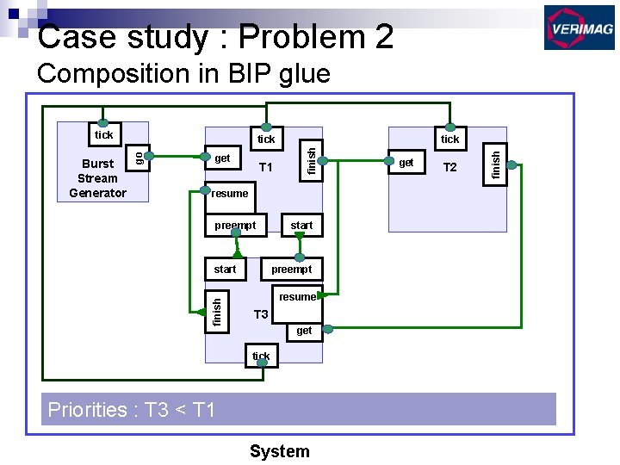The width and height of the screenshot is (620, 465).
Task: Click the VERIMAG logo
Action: pos(579,28)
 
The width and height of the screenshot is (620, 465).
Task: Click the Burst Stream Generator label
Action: pos(97,178)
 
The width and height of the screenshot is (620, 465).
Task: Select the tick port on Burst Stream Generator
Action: pos(103,134)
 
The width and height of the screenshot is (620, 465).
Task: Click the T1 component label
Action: pos(266,167)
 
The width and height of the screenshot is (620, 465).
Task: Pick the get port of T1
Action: pos(222,158)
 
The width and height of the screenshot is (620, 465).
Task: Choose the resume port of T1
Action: pos(229,193)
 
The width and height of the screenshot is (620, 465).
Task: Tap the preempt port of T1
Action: pos(235,225)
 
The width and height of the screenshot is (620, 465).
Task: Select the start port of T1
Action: pos(301,225)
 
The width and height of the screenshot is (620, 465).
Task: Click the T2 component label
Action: pos(449,167)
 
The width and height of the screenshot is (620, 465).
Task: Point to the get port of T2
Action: pos(406,162)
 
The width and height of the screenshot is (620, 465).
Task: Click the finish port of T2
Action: pos(496,162)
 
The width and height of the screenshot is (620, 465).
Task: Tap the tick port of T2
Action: pos(449,139)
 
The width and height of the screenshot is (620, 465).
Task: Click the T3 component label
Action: pos(261,314)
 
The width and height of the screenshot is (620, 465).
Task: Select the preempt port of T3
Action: pos(291,269)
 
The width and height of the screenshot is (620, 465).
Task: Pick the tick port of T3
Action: pos(261,356)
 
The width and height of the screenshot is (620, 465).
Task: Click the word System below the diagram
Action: pos(279,451)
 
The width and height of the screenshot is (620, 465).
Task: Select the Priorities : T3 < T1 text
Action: pos(131,410)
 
